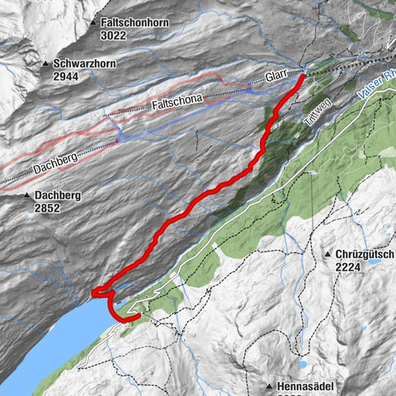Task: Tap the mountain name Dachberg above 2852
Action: tap(58, 196)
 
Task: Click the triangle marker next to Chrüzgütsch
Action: tap(328, 255)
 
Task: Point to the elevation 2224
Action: tap(351, 267)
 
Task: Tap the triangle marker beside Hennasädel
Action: tap(270, 386)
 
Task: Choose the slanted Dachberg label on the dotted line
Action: tap(56, 159)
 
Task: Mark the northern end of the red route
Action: tap(302, 76)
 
